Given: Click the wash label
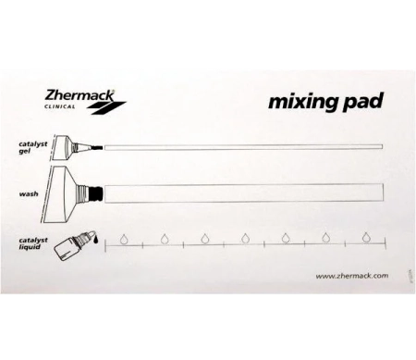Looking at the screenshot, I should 28,195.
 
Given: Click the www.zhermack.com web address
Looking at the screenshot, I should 351,276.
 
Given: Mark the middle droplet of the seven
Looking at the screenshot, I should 245,237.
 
